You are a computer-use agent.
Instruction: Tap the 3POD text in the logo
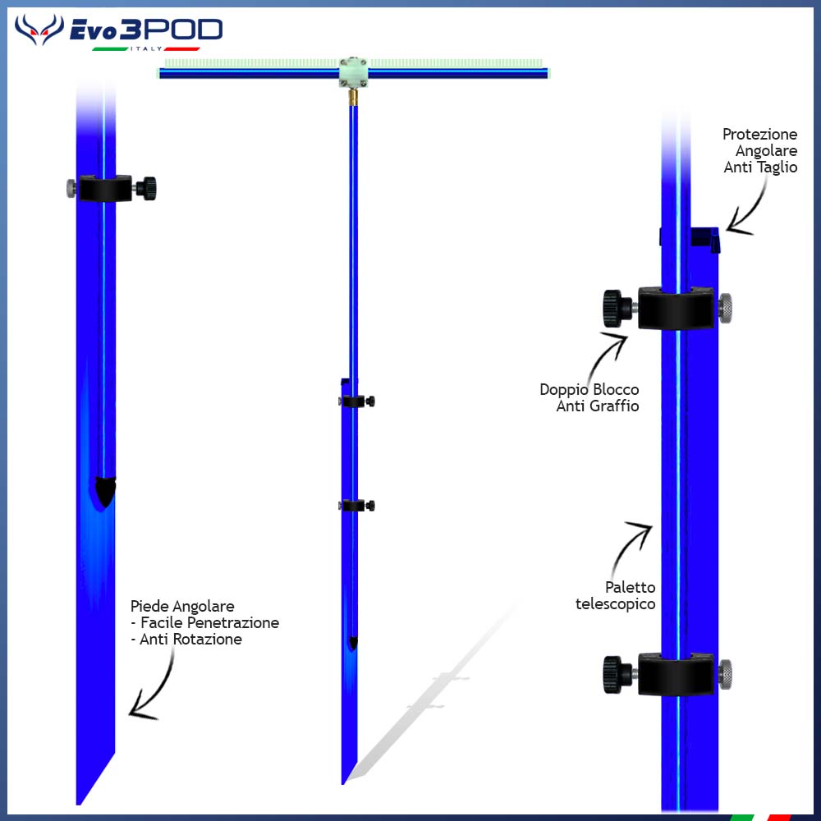coord(171,30)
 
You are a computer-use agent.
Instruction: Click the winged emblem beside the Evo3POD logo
coord(39,30)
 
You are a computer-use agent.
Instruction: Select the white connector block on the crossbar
coord(353,72)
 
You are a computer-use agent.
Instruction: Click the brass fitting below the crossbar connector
coord(353,97)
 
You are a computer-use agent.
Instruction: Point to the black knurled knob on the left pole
coord(146,189)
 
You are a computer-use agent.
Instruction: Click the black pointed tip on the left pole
coord(105,492)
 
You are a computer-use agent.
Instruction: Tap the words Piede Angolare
coord(182,607)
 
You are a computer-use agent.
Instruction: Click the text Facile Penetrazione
coord(209,622)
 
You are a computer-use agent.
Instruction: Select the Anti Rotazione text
coord(190,640)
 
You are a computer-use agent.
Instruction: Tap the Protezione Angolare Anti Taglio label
coord(760,151)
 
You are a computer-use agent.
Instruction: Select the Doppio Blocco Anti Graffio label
coord(589,397)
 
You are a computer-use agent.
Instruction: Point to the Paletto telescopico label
coord(616,595)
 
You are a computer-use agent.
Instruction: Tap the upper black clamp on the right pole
coord(676,308)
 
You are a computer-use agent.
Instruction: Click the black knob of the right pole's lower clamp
coord(617,674)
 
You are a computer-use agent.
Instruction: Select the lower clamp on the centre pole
coord(356,506)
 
